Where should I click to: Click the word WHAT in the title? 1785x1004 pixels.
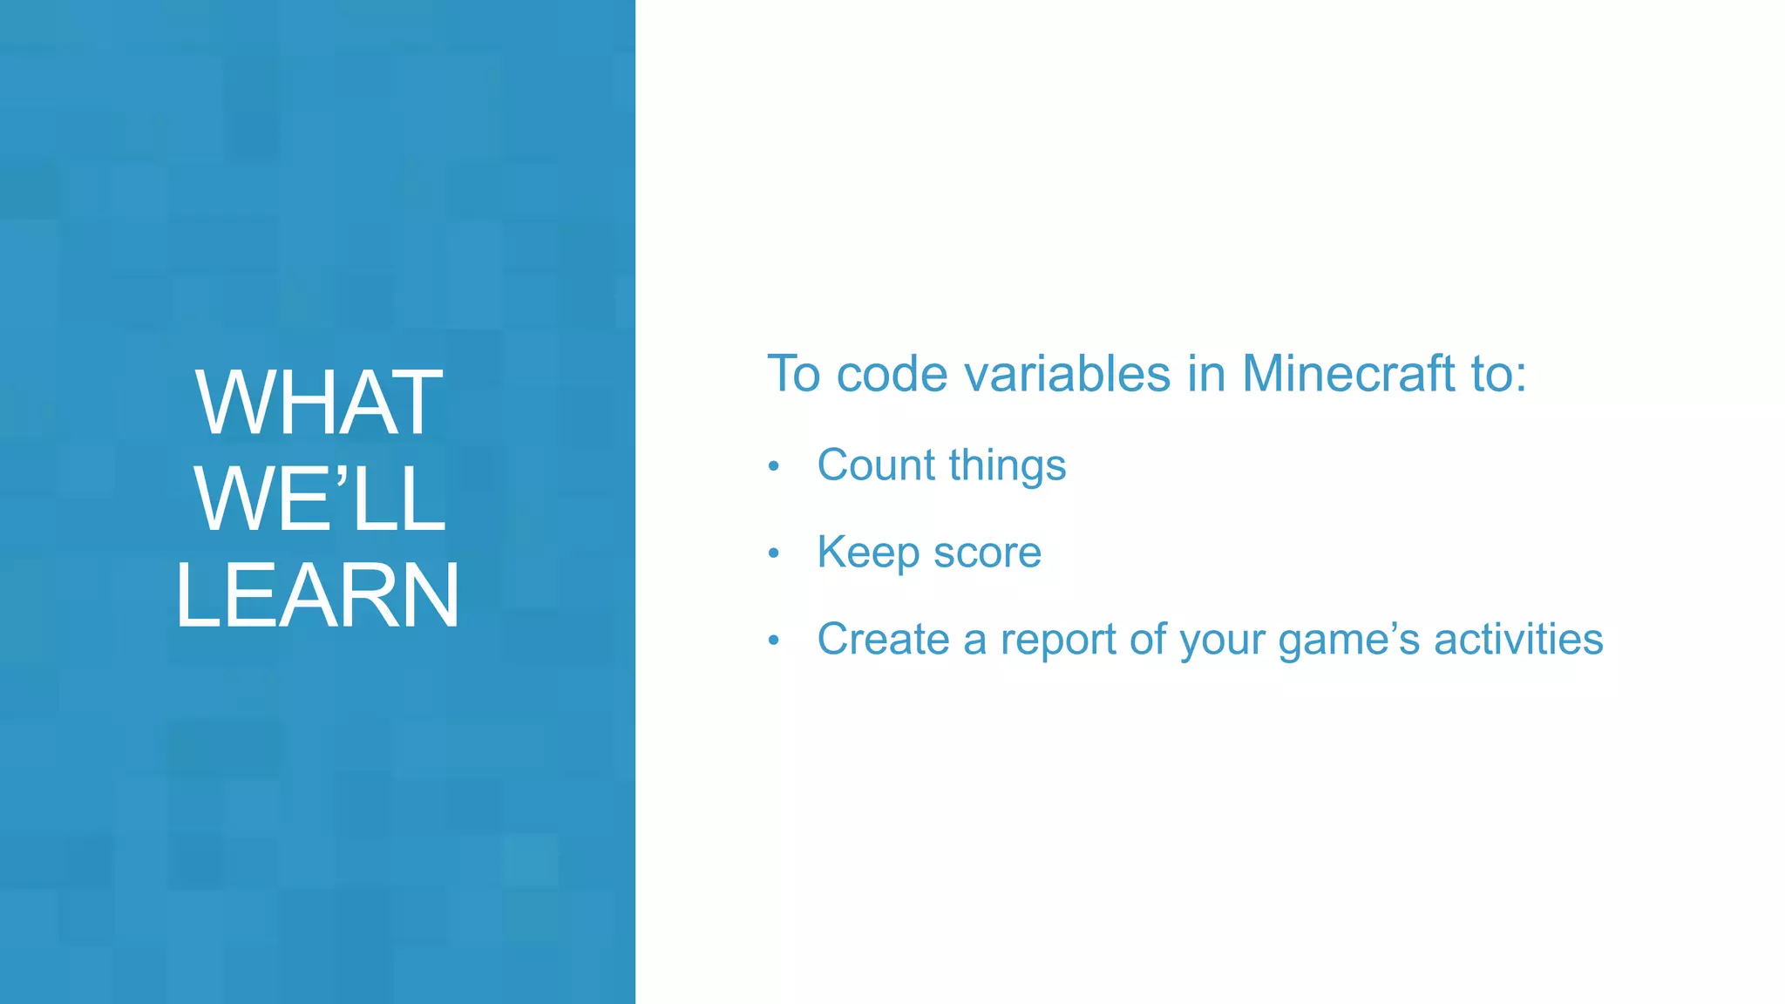point(319,403)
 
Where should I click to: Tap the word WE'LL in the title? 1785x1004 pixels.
point(319,499)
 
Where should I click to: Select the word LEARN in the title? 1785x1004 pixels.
point(317,595)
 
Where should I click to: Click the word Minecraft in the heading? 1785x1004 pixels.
point(1348,374)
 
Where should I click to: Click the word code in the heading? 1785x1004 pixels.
point(892,374)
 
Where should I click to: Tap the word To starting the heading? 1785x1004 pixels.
point(794,374)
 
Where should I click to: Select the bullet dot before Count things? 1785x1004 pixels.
point(773,467)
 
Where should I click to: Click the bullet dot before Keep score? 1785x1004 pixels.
point(773,553)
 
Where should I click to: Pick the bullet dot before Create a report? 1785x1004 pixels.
point(773,641)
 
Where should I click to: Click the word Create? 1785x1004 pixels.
point(883,639)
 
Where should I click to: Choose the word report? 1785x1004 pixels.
point(1058,641)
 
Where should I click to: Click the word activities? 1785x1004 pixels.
point(1518,639)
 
